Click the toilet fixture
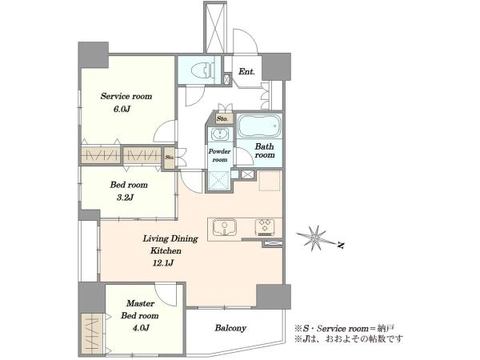[202, 70]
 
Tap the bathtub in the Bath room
[259, 126]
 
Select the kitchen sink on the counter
[225, 228]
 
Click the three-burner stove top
[265, 227]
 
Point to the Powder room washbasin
[220, 134]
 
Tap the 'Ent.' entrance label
[246, 72]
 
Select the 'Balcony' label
[230, 328]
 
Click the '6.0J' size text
[122, 109]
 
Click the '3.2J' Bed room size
[125, 197]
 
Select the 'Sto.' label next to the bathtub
[222, 118]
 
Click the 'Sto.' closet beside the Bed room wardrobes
[170, 158]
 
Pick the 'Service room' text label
[126, 96]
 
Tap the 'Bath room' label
[265, 150]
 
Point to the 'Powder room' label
[219, 155]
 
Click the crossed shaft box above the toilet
[215, 27]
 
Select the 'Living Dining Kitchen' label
[170, 245]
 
